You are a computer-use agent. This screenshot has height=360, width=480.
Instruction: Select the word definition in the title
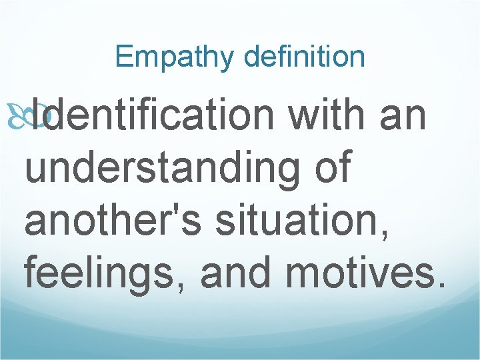click(305, 57)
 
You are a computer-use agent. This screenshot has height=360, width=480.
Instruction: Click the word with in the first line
click(325, 115)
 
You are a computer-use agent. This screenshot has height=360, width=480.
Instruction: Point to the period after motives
click(437, 285)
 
